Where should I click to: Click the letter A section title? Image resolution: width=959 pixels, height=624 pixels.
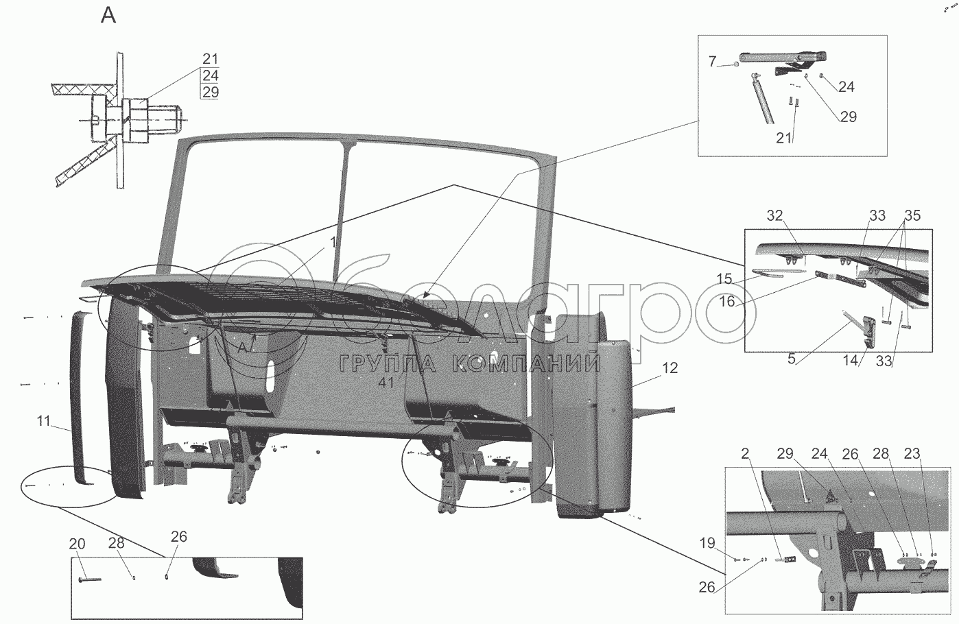pyautogui.click(x=108, y=15)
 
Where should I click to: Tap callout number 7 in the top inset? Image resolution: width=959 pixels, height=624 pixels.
pyautogui.click(x=712, y=62)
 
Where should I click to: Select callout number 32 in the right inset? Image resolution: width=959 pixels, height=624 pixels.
pyautogui.click(x=774, y=216)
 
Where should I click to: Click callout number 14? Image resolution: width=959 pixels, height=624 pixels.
pyautogui.click(x=851, y=360)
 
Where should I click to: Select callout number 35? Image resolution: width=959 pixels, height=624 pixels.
pyautogui.click(x=912, y=216)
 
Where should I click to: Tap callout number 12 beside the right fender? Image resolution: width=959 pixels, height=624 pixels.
pyautogui.click(x=670, y=368)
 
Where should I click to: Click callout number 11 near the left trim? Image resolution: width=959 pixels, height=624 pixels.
pyautogui.click(x=44, y=421)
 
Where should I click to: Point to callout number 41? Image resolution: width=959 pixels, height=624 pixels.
pyautogui.click(x=387, y=382)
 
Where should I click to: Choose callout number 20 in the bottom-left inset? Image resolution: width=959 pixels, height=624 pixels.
pyautogui.click(x=77, y=544)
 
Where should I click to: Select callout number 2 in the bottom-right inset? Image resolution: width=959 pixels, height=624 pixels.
pyautogui.click(x=744, y=455)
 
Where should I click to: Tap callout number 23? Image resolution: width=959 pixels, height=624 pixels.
pyautogui.click(x=932, y=455)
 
